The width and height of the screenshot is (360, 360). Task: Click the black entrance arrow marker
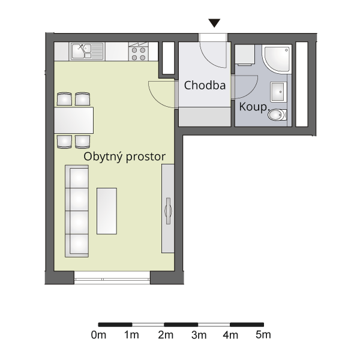point(214,23)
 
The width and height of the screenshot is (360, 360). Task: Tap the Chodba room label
point(205,85)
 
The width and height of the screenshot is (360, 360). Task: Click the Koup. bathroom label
point(253,107)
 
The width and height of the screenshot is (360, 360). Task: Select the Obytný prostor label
point(124,157)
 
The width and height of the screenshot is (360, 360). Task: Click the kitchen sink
point(87,52)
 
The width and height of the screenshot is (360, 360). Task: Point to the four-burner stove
point(139,52)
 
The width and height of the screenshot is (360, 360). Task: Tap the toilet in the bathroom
point(277,115)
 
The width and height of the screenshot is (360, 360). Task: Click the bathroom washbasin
point(278,92)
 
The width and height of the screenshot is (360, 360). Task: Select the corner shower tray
point(277,59)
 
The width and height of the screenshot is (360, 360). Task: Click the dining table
point(74,120)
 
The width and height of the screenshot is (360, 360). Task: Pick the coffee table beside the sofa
point(107,211)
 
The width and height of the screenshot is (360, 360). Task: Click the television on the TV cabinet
point(168,211)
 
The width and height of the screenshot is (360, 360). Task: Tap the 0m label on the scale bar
point(98,335)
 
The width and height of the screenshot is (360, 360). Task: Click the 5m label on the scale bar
point(263,335)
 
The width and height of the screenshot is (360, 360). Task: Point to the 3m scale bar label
point(199,335)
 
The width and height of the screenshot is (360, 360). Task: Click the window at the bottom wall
point(112,278)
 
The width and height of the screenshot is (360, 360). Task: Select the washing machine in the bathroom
point(245,55)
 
